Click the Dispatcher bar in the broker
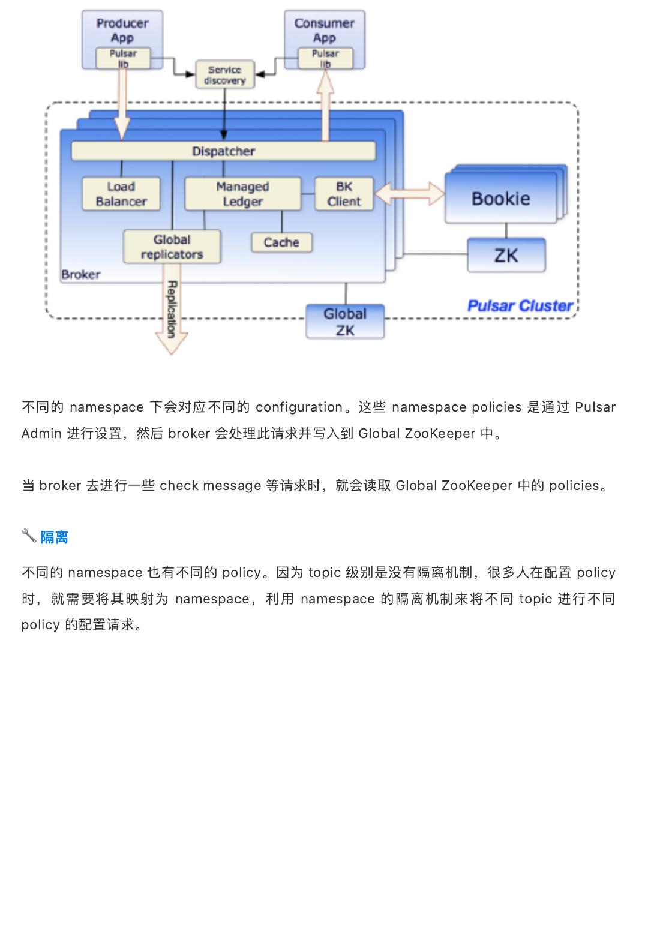(223, 151)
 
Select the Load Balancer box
(121, 194)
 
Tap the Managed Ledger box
(243, 194)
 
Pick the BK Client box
(344, 194)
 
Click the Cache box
(281, 242)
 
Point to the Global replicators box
(172, 247)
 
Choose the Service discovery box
(225, 74)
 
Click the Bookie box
(501, 199)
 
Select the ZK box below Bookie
(506, 255)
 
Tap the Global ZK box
(345, 322)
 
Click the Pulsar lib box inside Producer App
(123, 58)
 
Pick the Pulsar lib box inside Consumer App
(325, 58)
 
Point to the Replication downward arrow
(172, 310)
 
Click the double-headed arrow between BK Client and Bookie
(409, 194)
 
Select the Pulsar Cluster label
(520, 305)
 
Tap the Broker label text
(81, 275)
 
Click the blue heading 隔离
(55, 537)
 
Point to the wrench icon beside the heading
(29, 536)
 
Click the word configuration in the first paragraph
(299, 407)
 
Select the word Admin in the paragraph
(41, 433)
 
